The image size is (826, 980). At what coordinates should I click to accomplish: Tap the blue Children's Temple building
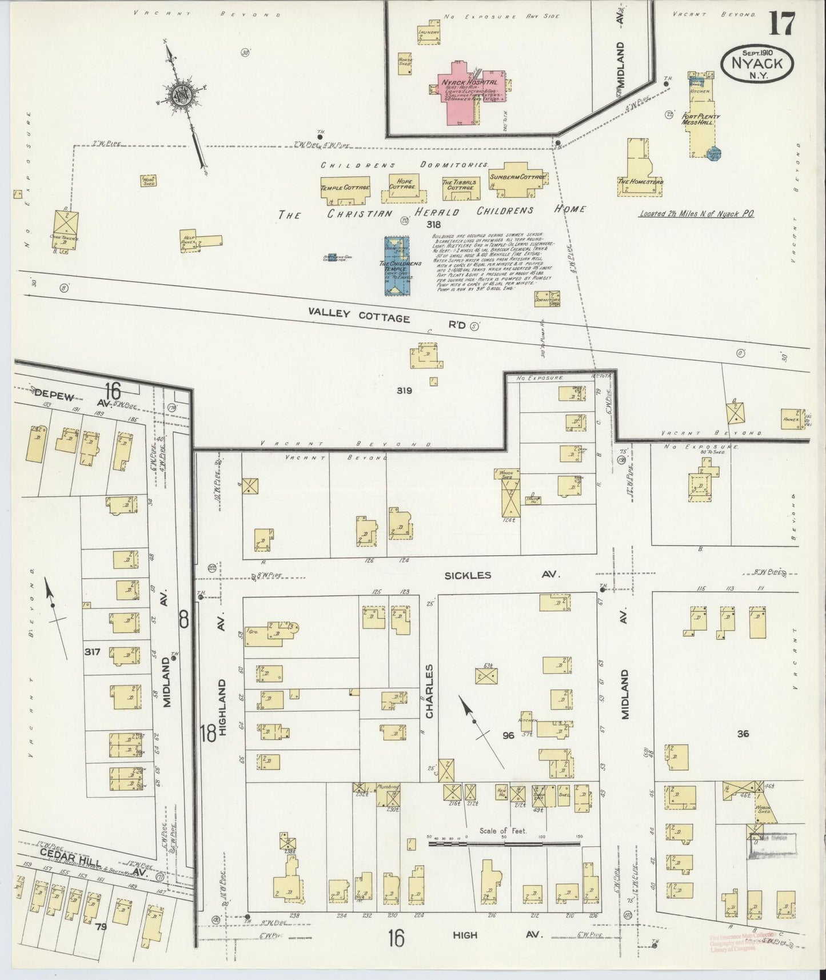point(400,266)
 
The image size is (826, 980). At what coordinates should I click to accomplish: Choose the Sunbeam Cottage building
point(517,178)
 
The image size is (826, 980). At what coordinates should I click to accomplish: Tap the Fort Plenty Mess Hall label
point(701,119)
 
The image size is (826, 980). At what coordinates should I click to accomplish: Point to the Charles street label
point(429,691)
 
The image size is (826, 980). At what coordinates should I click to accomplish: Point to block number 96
point(508,735)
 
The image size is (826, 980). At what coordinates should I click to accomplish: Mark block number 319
point(404,391)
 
